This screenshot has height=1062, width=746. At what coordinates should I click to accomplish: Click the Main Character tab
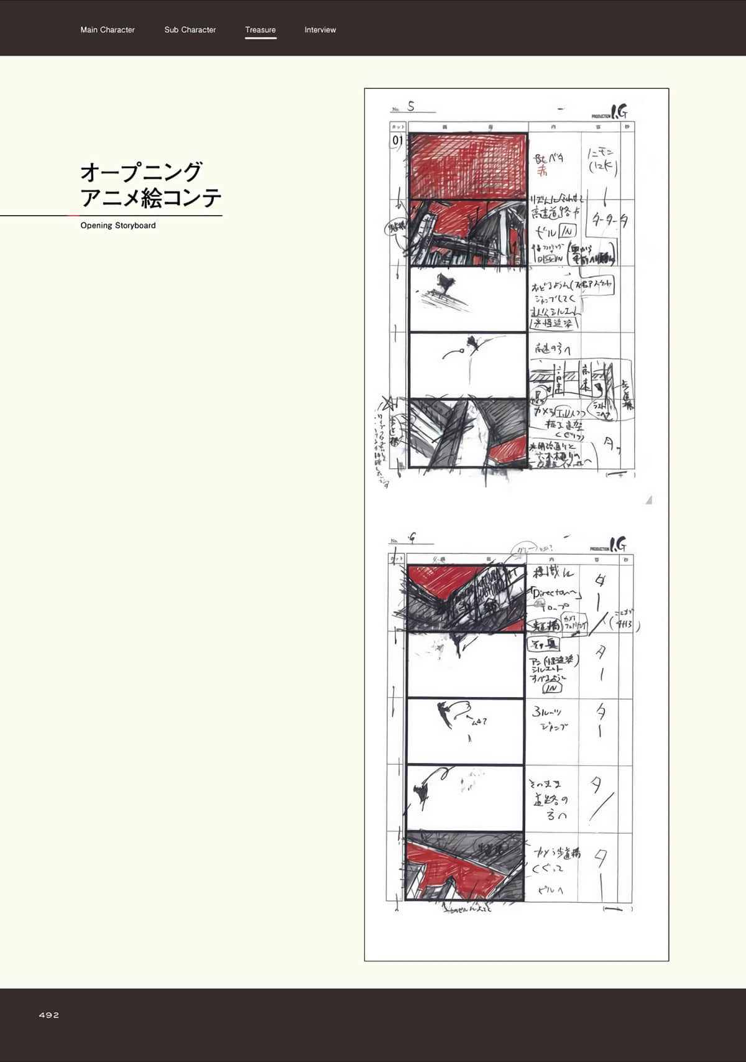(108, 30)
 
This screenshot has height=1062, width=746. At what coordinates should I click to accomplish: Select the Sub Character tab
(190, 30)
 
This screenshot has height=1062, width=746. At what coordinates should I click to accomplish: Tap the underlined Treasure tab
(260, 30)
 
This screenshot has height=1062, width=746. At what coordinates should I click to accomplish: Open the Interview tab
(320, 30)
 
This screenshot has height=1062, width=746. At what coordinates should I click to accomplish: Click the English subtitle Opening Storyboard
(118, 226)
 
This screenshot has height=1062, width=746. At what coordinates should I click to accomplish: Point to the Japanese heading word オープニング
(141, 171)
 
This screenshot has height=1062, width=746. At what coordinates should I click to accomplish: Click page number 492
(49, 1015)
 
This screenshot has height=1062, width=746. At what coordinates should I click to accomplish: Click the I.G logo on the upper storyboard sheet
(618, 112)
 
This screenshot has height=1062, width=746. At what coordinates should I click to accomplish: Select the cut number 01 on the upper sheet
(397, 141)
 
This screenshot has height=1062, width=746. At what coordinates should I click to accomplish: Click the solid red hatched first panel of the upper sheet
(468, 166)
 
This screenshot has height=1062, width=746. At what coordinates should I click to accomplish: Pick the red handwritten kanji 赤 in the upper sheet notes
(542, 170)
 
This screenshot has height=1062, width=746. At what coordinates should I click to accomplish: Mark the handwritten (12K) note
(602, 167)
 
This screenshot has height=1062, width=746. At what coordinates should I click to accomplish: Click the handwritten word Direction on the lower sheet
(555, 593)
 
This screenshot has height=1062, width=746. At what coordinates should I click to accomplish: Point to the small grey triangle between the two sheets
(648, 499)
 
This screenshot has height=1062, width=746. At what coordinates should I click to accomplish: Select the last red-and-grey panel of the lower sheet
(465, 866)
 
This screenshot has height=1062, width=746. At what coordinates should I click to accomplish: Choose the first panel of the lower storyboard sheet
(465, 598)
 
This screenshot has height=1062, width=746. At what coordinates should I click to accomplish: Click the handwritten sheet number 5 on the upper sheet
(411, 107)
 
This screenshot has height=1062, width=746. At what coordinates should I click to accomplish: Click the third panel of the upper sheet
(468, 299)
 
